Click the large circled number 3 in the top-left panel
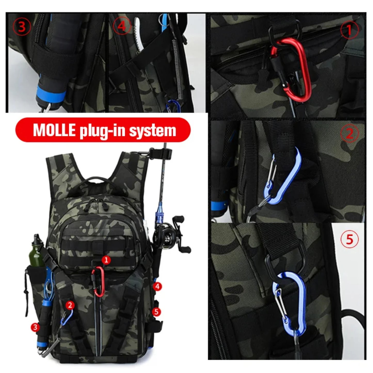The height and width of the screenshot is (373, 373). point(22,27)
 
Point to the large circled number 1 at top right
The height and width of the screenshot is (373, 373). point(349,30)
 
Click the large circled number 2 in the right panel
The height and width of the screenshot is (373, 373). point(349,134)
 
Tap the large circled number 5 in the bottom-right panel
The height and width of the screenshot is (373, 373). point(349,239)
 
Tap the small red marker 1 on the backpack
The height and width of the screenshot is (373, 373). point(106,260)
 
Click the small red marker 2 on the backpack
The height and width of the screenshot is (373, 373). point(70,305)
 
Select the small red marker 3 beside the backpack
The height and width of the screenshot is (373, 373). point(35,327)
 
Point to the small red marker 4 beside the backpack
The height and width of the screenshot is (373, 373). point(157,286)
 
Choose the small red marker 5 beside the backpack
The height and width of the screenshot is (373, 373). point(156,312)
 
